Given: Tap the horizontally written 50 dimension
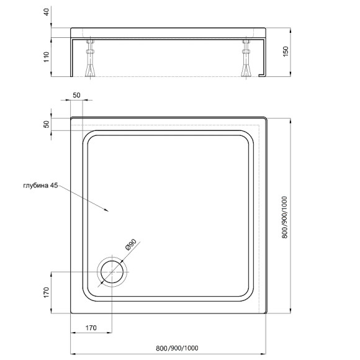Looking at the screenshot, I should [x=76, y=94].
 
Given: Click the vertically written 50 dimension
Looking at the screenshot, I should [x=46, y=124].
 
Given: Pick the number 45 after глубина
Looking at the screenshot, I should [x=55, y=186].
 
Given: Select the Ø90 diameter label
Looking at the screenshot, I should [x=131, y=245].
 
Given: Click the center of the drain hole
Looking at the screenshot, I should [x=112, y=272].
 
